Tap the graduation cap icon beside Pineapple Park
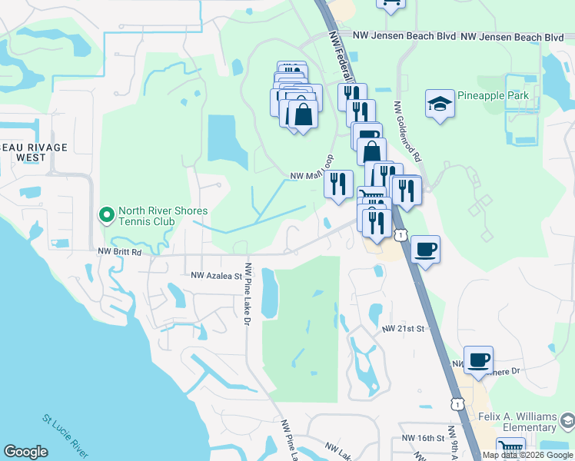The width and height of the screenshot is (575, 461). [440, 104]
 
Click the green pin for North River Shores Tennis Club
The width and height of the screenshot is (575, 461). [107, 215]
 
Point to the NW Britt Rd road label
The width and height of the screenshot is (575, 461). [120, 251]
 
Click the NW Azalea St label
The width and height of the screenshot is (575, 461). [216, 274]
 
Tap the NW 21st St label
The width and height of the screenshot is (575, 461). [404, 328]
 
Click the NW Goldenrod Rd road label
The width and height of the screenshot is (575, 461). [408, 131]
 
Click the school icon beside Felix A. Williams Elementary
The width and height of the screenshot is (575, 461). [567, 420]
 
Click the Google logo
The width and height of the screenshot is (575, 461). [26, 452]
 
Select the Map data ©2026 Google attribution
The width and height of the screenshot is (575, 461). [527, 455]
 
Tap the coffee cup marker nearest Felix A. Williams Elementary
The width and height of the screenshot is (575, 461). [479, 360]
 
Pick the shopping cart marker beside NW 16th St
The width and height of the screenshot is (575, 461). [510, 449]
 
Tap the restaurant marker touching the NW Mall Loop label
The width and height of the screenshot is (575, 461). [338, 184]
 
